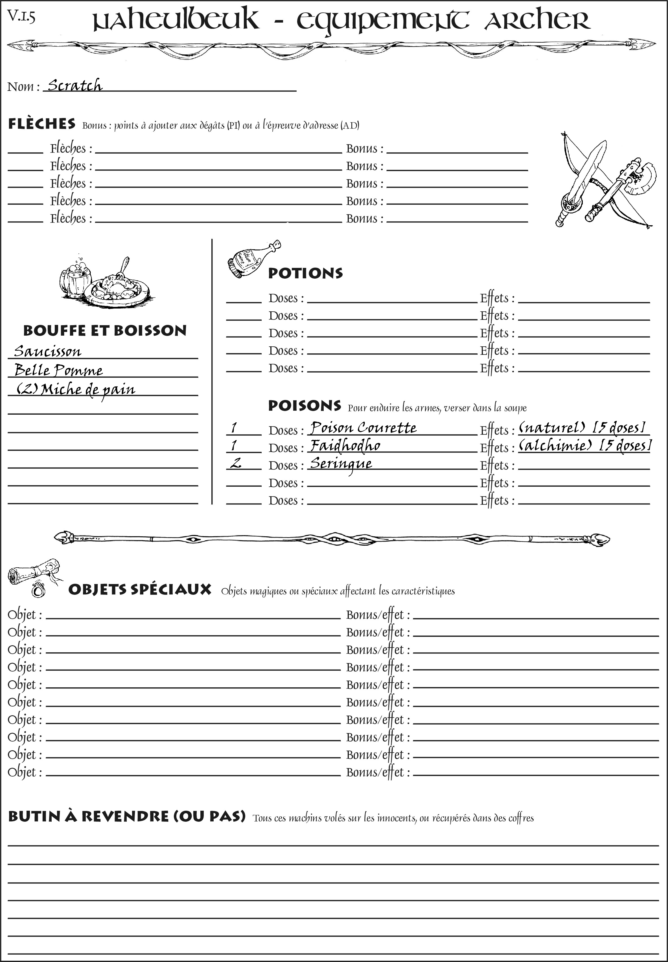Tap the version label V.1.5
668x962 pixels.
point(21,17)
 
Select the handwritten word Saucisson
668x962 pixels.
point(47,351)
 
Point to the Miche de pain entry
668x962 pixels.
point(76,389)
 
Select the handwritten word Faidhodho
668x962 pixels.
point(345,445)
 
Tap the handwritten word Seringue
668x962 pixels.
point(341,463)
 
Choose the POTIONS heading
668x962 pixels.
point(305,273)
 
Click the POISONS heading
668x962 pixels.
point(304,405)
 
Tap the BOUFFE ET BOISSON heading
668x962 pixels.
point(105,330)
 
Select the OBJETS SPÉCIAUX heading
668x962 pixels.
point(139,589)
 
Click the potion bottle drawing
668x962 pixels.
point(252,259)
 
